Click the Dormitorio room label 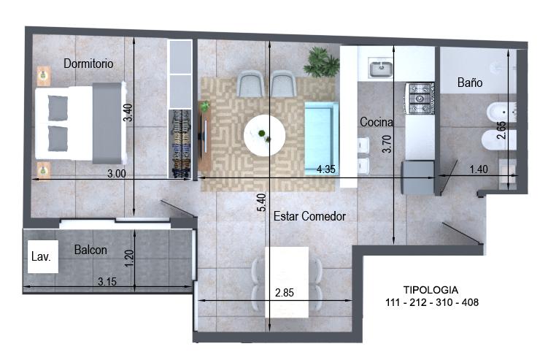tap(88, 64)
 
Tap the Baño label tap(470, 83)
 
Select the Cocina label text tap(376, 122)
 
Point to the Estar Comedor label tap(309, 216)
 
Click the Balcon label tap(90, 250)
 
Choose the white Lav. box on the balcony tap(43, 256)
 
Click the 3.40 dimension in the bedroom tap(128, 112)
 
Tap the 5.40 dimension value tap(261, 202)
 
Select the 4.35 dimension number tap(325, 169)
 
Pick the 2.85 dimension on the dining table tap(285, 293)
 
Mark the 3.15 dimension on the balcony tap(107, 282)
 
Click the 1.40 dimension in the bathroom tap(479, 169)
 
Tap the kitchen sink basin tap(381, 69)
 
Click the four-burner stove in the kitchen tap(420, 99)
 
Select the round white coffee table tap(265, 135)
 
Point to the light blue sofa tap(321, 139)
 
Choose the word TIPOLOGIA tap(431, 290)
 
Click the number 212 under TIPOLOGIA tap(418, 302)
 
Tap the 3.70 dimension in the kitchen tap(387, 144)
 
